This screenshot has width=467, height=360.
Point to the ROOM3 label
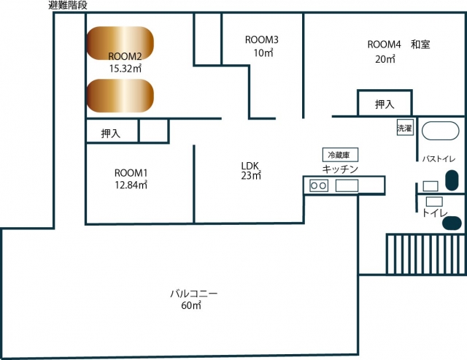[x=261, y=39]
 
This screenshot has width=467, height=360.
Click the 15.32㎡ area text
[x=125, y=68]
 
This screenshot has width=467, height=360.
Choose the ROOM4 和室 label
[x=398, y=45]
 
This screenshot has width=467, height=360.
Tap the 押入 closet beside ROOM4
[x=384, y=104]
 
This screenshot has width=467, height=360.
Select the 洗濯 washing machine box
[x=404, y=128]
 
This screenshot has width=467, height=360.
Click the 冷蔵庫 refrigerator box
[x=341, y=155]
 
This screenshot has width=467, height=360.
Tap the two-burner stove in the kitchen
[x=319, y=185]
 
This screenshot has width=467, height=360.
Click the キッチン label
[x=340, y=169]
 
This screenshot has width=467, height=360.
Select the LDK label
[x=251, y=165]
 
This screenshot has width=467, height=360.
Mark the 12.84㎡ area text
[x=131, y=185]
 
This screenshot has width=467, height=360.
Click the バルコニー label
[x=193, y=294]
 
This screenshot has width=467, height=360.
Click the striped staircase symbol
[x=424, y=253]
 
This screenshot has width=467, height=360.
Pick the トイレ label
[x=435, y=213]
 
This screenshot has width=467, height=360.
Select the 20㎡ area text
[x=385, y=59]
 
